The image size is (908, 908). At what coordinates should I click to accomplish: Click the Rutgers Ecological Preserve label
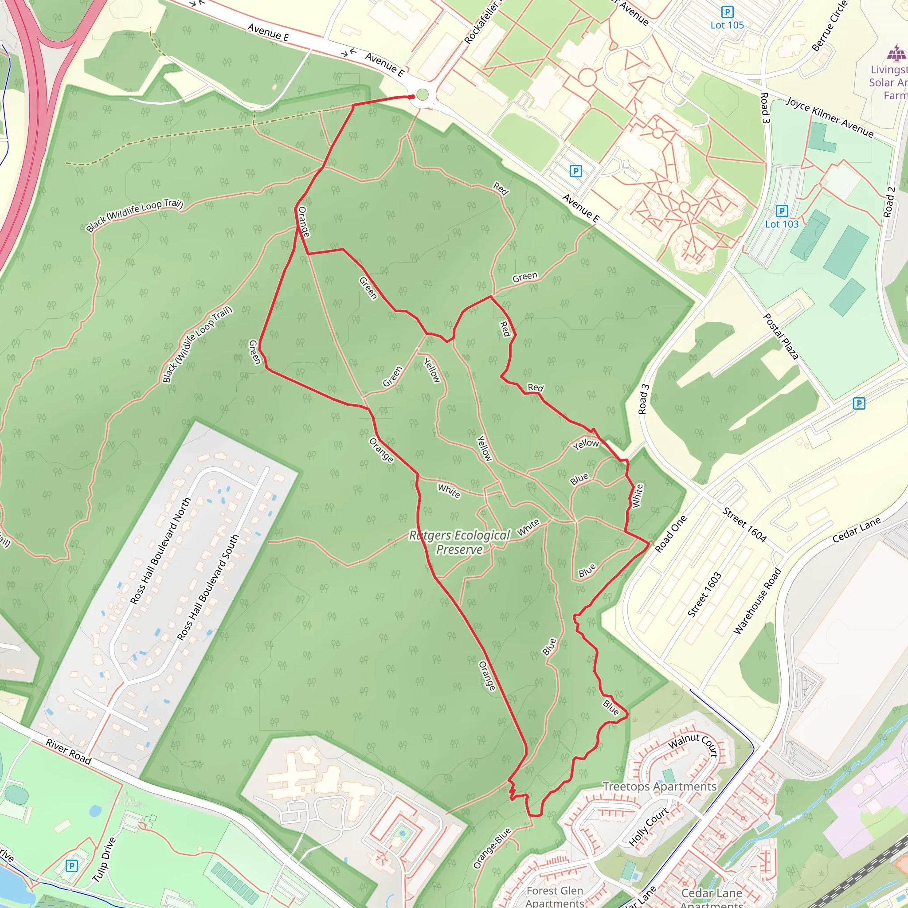point(459,542)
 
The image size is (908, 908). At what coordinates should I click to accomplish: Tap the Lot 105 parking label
point(727,25)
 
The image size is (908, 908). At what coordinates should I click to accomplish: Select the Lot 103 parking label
point(782,224)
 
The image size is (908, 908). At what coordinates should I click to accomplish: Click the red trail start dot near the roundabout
point(412,97)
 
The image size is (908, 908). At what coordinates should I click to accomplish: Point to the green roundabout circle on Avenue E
point(423,95)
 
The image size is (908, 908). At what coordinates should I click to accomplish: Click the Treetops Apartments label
point(659,787)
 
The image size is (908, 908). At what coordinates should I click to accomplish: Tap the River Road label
point(69,751)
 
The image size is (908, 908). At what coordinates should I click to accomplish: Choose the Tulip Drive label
point(103,860)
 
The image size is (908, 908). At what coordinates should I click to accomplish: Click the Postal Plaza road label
point(780,337)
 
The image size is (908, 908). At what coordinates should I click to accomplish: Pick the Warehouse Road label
point(757,601)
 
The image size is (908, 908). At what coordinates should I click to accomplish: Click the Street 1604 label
point(744,524)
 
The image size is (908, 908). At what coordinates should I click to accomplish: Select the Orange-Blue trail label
point(492,849)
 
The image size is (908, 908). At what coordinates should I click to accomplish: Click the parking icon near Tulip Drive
point(71,866)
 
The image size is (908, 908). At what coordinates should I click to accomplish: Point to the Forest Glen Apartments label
point(555,896)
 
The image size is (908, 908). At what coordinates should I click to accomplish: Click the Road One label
point(671,533)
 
